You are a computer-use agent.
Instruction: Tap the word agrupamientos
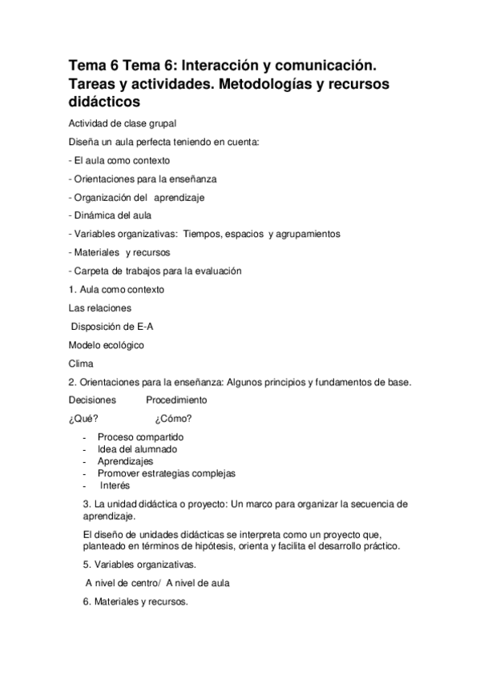coord(309,233)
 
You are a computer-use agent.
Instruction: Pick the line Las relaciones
coord(100,307)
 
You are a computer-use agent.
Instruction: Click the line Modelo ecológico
coord(107,344)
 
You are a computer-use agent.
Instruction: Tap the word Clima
coord(82,363)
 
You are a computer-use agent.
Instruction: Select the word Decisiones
coord(92,400)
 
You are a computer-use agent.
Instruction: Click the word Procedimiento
coord(176,400)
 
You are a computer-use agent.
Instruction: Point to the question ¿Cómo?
coord(174,419)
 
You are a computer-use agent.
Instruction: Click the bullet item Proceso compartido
coord(140,437)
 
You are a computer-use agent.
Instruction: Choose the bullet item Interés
coord(115,485)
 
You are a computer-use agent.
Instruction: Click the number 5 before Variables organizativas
coord(86,564)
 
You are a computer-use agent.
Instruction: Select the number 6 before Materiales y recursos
coord(86,601)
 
